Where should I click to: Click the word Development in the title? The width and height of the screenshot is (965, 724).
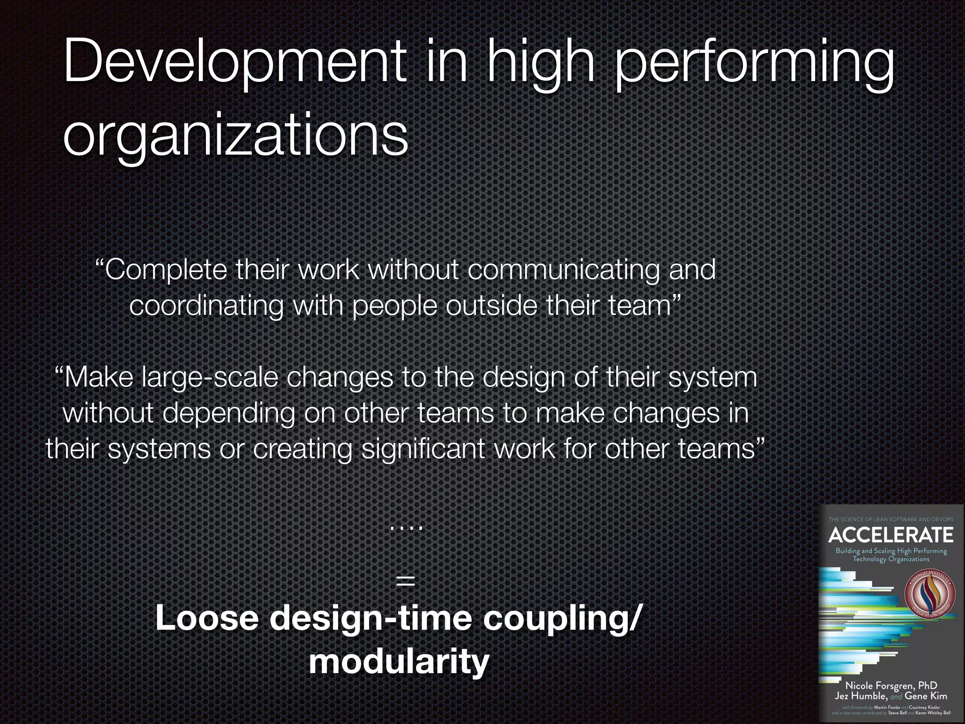[234, 64]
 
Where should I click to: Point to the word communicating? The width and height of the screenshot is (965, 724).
[563, 270]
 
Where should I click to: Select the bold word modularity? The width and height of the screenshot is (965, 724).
[399, 662]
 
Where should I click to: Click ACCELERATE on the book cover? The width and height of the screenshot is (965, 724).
[891, 535]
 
